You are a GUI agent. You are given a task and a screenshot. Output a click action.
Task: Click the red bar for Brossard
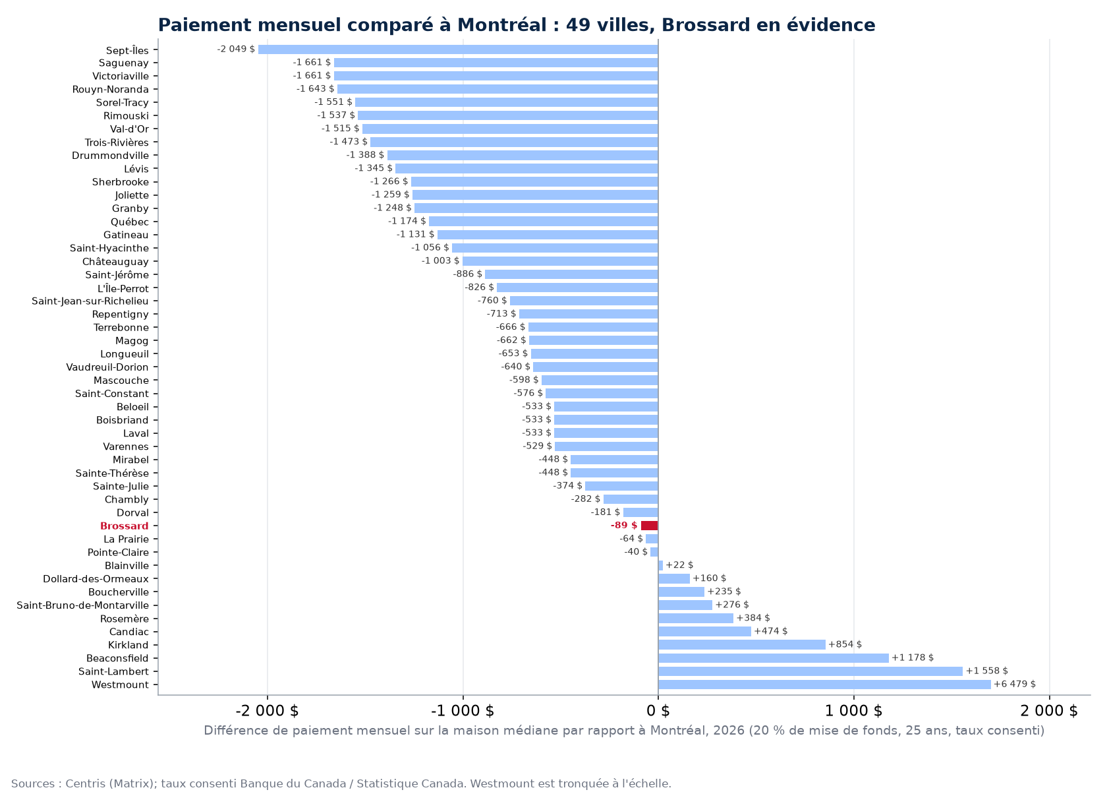click(x=650, y=526)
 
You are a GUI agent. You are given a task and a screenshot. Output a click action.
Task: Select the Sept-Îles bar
click(x=458, y=49)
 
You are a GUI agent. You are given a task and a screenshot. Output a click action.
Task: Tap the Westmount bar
click(x=824, y=685)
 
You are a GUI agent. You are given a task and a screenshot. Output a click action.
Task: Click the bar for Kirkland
click(x=742, y=644)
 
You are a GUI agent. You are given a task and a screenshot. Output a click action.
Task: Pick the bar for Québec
click(x=544, y=221)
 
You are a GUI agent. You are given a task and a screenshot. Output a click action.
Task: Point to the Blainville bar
click(x=660, y=565)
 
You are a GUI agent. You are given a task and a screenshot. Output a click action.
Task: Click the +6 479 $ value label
click(x=1015, y=684)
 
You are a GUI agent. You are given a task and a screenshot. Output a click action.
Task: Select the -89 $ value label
click(x=623, y=526)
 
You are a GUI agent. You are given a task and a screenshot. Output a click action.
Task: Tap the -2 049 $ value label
click(x=236, y=49)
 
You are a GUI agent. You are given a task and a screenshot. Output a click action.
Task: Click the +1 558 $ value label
click(x=987, y=671)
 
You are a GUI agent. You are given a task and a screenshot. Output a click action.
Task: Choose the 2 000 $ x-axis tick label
click(x=1049, y=711)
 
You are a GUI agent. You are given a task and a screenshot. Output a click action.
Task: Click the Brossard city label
click(x=124, y=526)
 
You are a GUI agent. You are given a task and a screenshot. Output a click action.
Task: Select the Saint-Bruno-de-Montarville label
click(x=82, y=605)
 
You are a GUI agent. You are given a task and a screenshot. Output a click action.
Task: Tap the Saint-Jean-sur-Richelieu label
click(x=90, y=301)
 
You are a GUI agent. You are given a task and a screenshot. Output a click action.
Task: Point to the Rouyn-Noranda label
click(x=110, y=90)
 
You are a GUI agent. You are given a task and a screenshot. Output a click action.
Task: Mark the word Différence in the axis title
click(x=234, y=731)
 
